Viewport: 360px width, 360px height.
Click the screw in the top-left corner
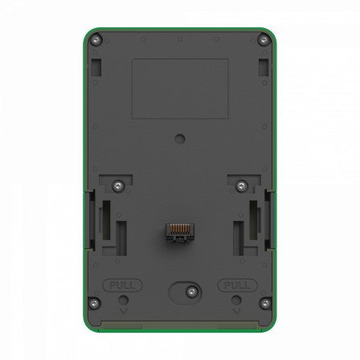(96, 40)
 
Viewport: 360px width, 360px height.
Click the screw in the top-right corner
(264, 40)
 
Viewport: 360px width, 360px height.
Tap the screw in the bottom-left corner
(94, 303)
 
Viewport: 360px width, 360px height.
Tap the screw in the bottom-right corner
(265, 303)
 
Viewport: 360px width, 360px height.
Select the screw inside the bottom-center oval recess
(191, 292)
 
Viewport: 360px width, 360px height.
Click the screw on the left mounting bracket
(118, 186)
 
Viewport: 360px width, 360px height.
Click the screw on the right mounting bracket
(241, 186)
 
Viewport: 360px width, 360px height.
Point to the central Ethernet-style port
(180, 231)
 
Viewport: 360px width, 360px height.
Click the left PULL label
(123, 285)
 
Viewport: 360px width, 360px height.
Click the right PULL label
(237, 285)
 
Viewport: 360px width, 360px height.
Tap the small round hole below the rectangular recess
(180, 138)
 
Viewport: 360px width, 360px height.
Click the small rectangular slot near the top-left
(96, 67)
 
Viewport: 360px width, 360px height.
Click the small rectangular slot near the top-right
(264, 67)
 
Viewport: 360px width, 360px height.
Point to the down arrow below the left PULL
(124, 310)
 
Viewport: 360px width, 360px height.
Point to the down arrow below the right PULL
(236, 310)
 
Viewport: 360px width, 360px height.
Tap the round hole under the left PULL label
(124, 301)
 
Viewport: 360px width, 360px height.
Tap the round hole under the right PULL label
(236, 301)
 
